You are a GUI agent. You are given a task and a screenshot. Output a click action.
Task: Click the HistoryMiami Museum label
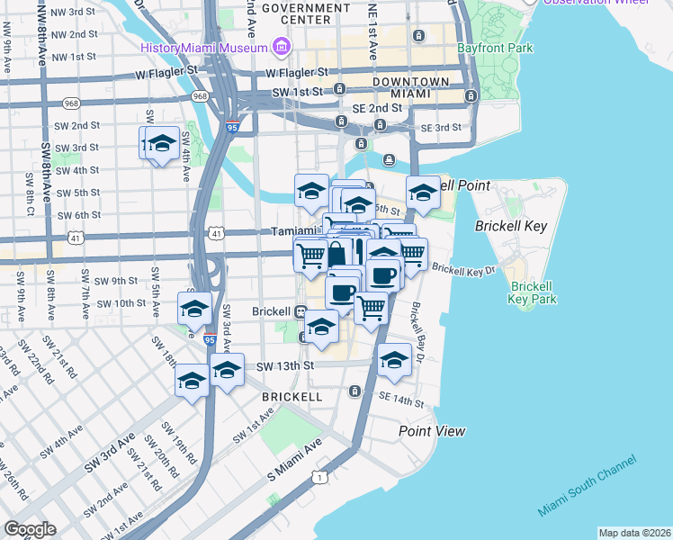[204, 47]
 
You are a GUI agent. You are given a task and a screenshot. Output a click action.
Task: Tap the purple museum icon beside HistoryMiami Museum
[282, 46]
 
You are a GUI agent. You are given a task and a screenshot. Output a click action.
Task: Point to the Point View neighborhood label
[432, 431]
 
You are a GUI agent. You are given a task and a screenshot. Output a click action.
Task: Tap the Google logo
[31, 529]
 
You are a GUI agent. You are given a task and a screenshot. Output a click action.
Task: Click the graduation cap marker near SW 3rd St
[163, 144]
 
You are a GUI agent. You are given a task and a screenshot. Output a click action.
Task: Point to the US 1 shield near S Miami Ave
[319, 476]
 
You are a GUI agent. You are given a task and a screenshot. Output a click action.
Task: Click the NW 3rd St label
[74, 12]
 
